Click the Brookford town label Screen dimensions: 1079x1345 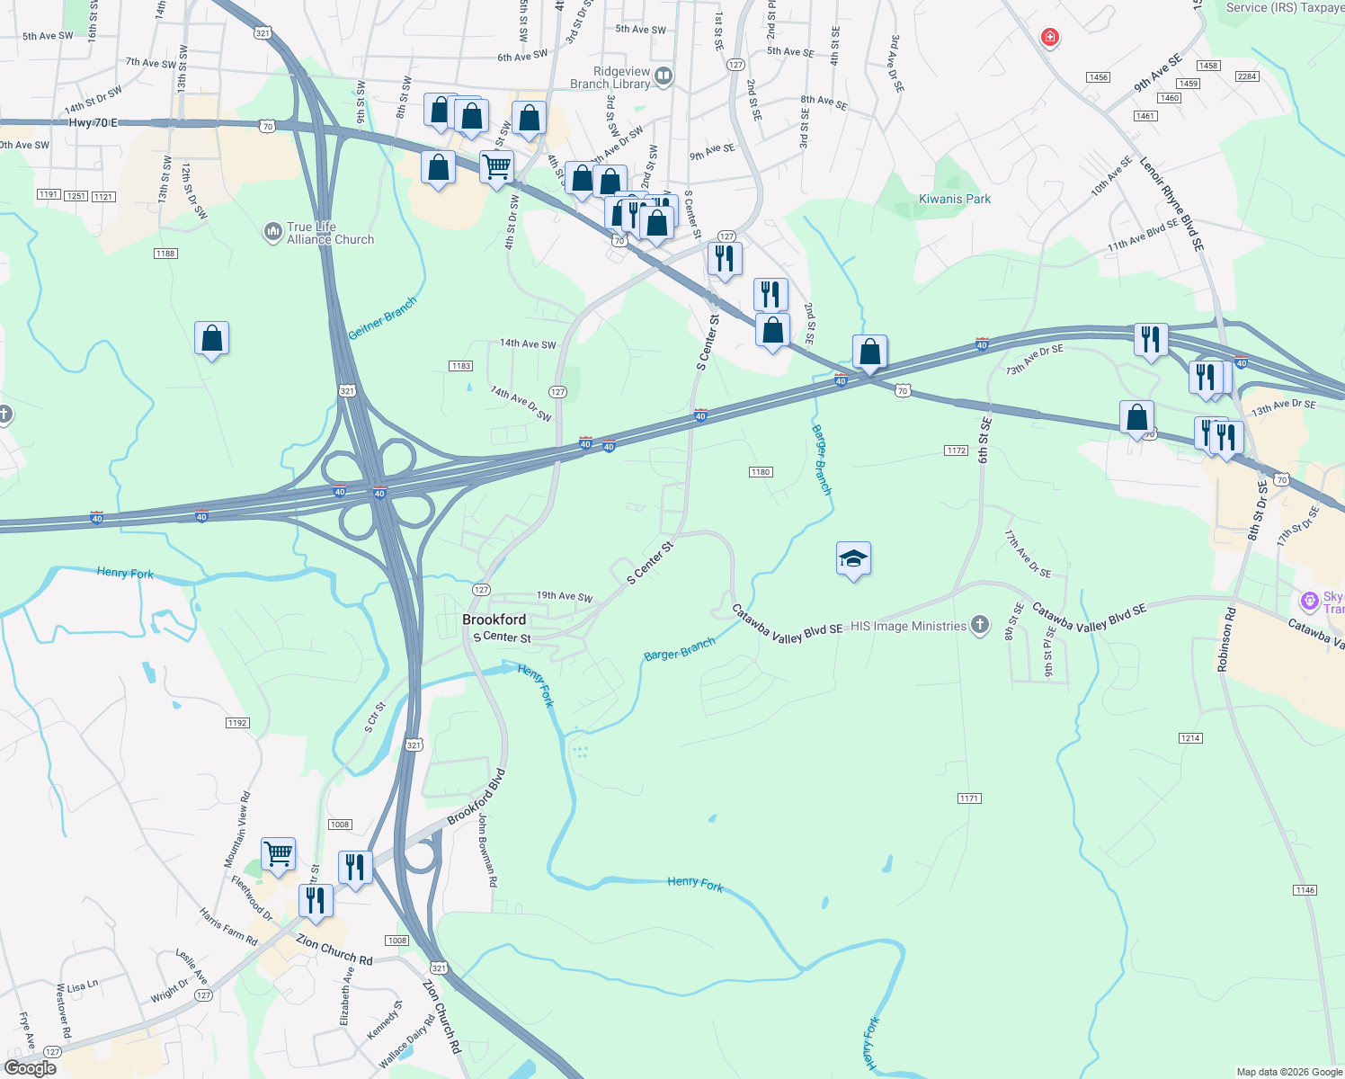(494, 620)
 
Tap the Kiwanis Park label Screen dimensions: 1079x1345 (955, 199)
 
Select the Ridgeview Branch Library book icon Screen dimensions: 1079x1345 (664, 76)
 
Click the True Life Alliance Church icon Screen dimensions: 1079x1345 (272, 233)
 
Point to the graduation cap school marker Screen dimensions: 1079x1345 (853, 559)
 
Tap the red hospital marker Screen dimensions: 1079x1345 (1049, 38)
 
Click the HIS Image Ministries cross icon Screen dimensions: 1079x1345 (980, 625)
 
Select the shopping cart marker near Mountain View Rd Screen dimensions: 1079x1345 (279, 853)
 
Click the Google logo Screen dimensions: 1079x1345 (31, 1068)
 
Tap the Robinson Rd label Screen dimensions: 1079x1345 (1227, 639)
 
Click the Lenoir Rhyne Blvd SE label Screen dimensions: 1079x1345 (1171, 203)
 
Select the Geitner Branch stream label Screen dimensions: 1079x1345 (383, 318)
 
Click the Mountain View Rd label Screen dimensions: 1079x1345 (237, 829)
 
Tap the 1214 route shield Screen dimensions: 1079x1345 (1189, 738)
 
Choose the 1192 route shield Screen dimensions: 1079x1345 (237, 723)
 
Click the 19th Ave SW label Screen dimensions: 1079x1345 (565, 596)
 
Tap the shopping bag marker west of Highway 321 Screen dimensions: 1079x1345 (211, 339)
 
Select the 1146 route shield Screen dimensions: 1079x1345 (1305, 890)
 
